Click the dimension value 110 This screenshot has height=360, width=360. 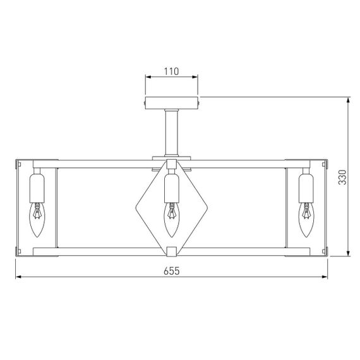pos(171,71)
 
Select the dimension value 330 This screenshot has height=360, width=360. pos(342,178)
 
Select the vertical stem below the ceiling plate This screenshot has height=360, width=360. pos(171,133)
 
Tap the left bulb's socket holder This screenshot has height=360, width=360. pos(37,186)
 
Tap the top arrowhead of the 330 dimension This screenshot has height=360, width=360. pos(349,100)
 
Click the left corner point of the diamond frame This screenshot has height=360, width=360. pos(136,206)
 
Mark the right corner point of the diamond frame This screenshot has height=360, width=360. pos(206,206)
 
